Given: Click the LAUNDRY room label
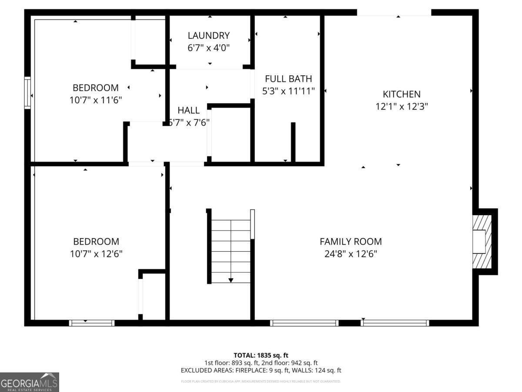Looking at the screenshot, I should pyautogui.click(x=208, y=36).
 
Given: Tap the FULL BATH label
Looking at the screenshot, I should pyautogui.click(x=288, y=79).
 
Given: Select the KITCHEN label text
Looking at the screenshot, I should pyautogui.click(x=402, y=94).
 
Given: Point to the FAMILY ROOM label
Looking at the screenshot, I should pyautogui.click(x=351, y=241).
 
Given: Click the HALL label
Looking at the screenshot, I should pyautogui.click(x=188, y=111).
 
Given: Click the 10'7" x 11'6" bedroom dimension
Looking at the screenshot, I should pyautogui.click(x=95, y=100).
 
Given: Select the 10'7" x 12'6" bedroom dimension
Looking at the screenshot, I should pyautogui.click(x=96, y=253).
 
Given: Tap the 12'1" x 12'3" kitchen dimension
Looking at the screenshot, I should pyautogui.click(x=402, y=106).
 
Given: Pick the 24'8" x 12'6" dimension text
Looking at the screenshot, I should pyautogui.click(x=351, y=253).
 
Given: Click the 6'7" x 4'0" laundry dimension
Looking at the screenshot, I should pyautogui.click(x=208, y=48).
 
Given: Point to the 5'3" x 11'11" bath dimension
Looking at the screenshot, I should pyautogui.click(x=288, y=91).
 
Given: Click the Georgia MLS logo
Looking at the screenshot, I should pyautogui.click(x=30, y=382).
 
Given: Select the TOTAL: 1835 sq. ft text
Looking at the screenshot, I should pyautogui.click(x=261, y=355).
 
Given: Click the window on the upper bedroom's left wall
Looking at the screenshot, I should pyautogui.click(x=27, y=93).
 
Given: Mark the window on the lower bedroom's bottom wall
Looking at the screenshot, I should pyautogui.click(x=91, y=323).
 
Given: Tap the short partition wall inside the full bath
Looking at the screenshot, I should pyautogui.click(x=293, y=142).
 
